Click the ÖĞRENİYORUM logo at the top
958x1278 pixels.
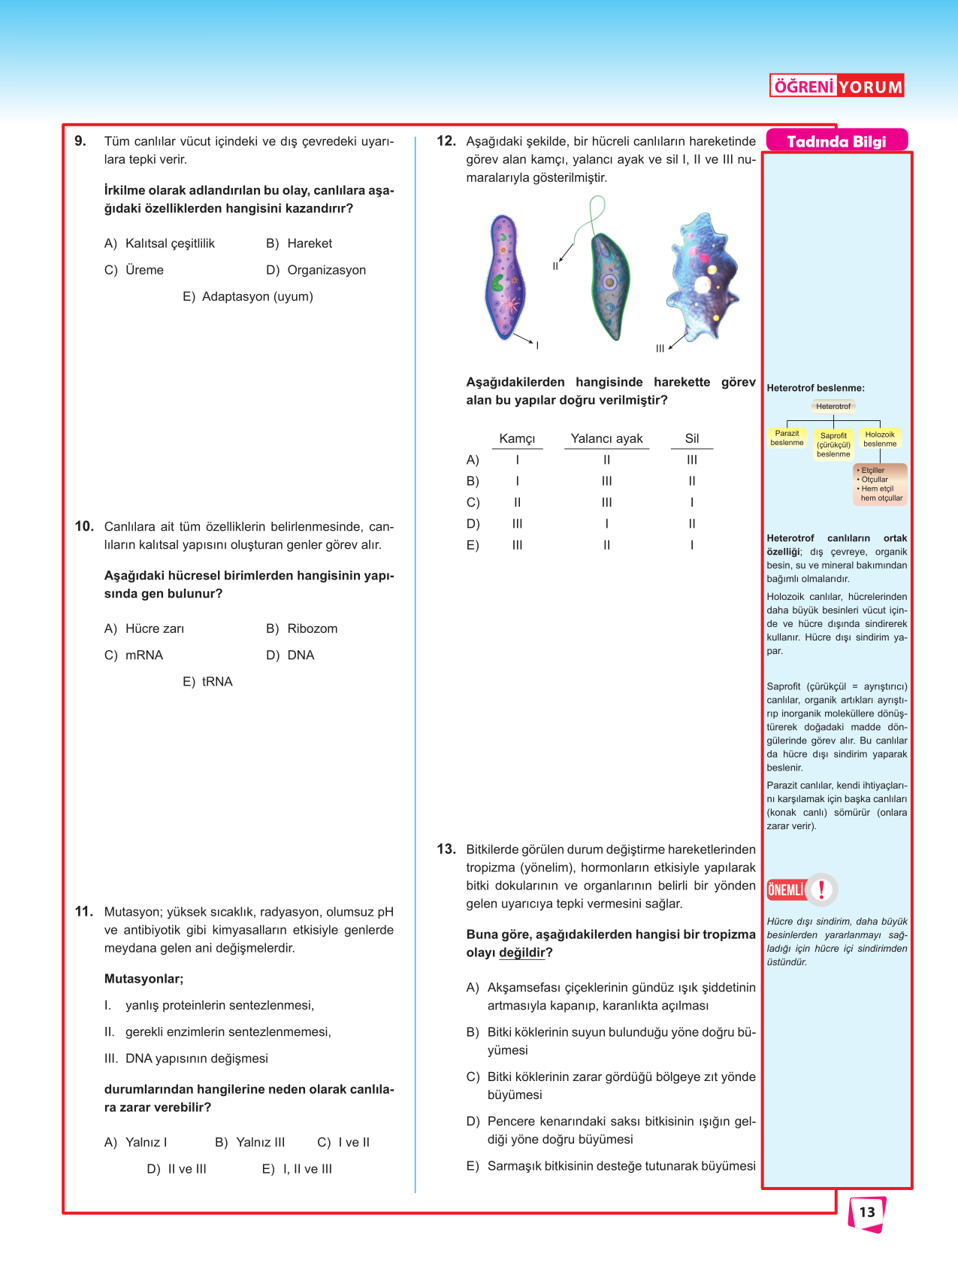pyautogui.click(x=836, y=86)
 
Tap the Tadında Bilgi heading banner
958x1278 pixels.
pyautogui.click(x=836, y=141)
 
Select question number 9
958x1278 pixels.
pyautogui.click(x=80, y=141)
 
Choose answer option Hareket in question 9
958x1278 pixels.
pyautogui.click(x=309, y=244)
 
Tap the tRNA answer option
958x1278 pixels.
pyautogui.click(x=217, y=681)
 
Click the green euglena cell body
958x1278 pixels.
pyautogui.click(x=609, y=286)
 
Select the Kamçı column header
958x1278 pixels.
pyautogui.click(x=517, y=439)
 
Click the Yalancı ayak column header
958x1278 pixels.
pyautogui.click(x=606, y=439)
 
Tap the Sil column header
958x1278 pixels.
pyautogui.click(x=692, y=438)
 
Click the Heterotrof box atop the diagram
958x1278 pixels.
pyautogui.click(x=833, y=406)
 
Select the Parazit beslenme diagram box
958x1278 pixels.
pyautogui.click(x=787, y=438)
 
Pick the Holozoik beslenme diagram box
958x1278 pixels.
pyautogui.click(x=880, y=439)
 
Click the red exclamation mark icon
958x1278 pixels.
pyautogui.click(x=822, y=890)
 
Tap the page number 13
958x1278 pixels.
pyautogui.click(x=867, y=1212)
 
